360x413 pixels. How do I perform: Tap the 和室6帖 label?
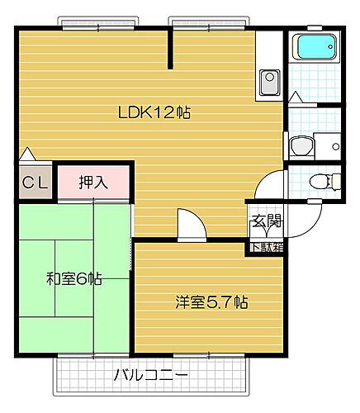tap(73, 278)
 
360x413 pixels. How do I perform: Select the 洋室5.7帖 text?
tap(211, 302)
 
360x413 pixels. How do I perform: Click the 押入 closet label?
tap(92, 183)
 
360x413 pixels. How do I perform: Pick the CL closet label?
tap(36, 183)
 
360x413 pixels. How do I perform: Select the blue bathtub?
tap(314, 47)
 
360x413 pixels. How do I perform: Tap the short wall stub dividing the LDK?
tap(171, 50)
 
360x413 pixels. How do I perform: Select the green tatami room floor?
tap(50, 314)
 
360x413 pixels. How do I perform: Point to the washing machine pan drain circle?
tap(335, 146)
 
